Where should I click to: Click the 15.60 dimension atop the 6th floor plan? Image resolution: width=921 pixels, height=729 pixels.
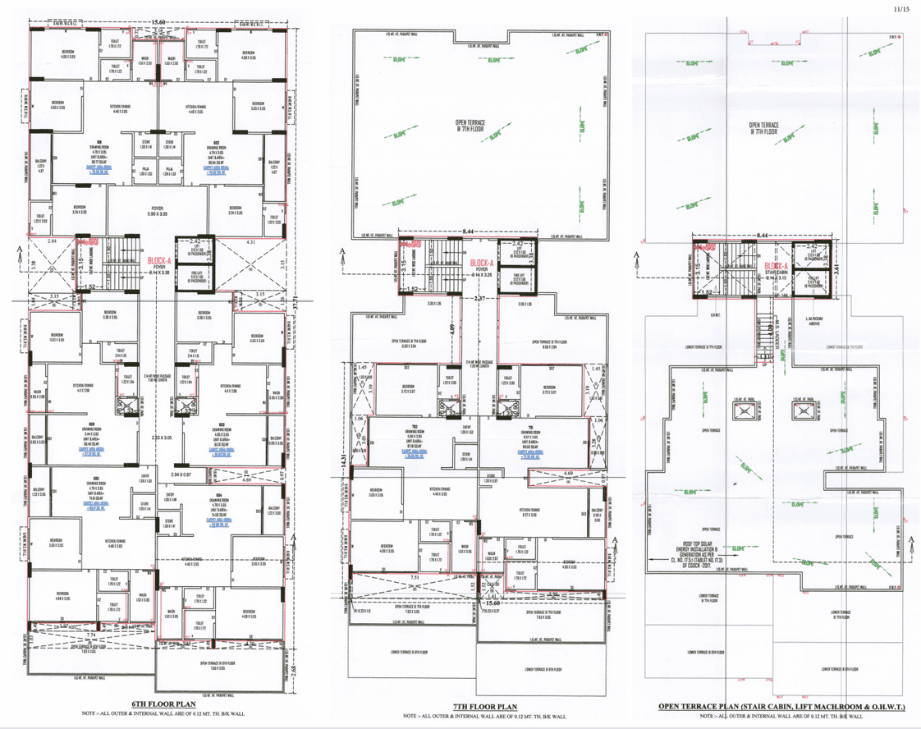pyautogui.click(x=158, y=22)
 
